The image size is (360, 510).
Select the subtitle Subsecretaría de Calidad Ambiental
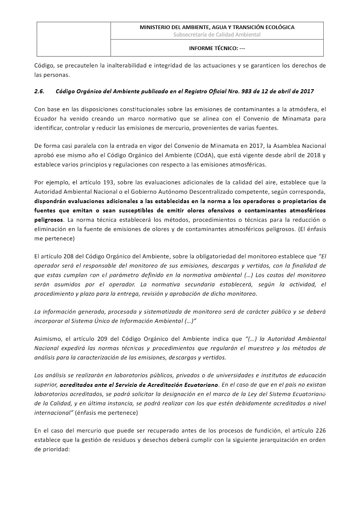(217, 35)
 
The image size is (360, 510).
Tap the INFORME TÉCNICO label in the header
(213, 48)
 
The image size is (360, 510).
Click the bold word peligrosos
(48, 220)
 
